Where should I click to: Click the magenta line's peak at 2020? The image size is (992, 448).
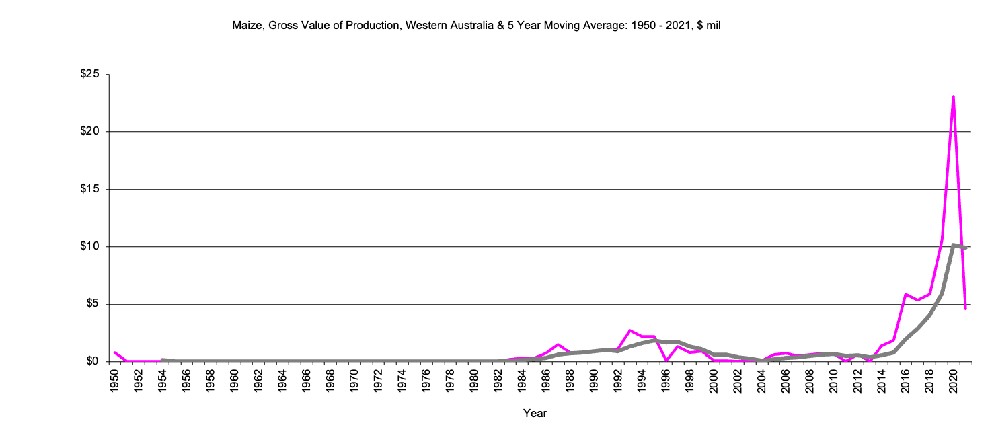point(953,97)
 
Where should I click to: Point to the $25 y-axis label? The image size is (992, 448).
point(89,74)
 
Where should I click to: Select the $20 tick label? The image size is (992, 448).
point(89,132)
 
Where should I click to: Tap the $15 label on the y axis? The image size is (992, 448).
point(89,189)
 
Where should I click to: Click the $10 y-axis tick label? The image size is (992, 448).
point(89,247)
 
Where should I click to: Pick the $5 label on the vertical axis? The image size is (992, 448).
point(92,304)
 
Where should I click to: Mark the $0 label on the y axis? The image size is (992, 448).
point(92,362)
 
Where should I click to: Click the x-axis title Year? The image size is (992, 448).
point(535,414)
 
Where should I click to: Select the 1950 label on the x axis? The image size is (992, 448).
point(115,380)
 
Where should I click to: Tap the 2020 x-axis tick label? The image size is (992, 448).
point(954,380)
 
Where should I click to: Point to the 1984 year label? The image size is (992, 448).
point(523,380)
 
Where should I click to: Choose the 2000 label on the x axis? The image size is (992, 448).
point(714,380)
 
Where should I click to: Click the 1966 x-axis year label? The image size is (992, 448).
point(307,380)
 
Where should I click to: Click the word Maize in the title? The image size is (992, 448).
point(245,26)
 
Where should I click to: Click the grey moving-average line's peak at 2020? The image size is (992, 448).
point(954,245)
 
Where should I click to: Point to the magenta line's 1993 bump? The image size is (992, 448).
point(630,330)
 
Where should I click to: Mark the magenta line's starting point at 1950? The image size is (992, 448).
point(115,352)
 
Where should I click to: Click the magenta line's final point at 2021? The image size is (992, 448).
point(965,309)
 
